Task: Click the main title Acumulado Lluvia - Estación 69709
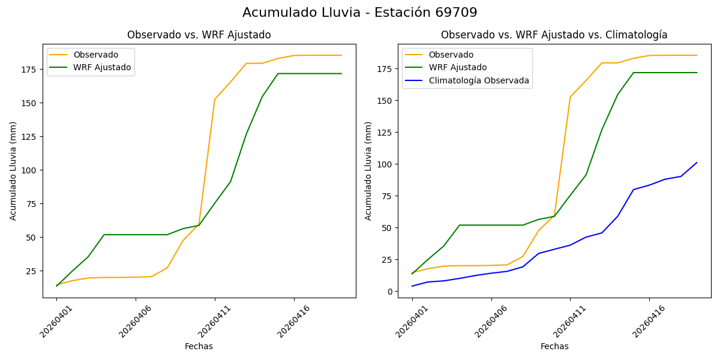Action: (x=360, y=13)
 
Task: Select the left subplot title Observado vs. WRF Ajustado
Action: (x=199, y=35)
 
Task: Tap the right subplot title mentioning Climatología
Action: (x=554, y=35)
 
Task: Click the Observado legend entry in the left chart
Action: (x=95, y=55)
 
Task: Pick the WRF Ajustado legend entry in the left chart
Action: (x=102, y=67)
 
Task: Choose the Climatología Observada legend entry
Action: (x=478, y=80)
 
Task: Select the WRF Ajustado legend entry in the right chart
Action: (x=457, y=67)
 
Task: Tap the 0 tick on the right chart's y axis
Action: (x=391, y=292)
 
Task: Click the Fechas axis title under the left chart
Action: (x=199, y=346)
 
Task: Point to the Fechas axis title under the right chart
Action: (x=554, y=346)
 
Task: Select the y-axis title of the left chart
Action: (x=13, y=170)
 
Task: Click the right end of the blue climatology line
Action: (x=697, y=163)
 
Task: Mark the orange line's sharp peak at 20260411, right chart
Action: (x=570, y=97)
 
